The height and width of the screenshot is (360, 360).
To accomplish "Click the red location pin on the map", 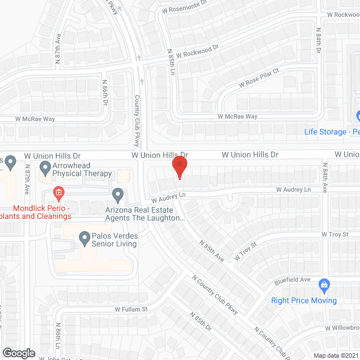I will [179, 166].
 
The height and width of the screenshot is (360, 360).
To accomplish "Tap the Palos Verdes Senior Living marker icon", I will [84, 238].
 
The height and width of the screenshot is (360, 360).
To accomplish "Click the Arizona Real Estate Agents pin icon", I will [118, 195].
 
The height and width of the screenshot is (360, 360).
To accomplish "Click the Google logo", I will [19, 353].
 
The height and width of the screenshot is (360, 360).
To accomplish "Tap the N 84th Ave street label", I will [325, 177].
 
